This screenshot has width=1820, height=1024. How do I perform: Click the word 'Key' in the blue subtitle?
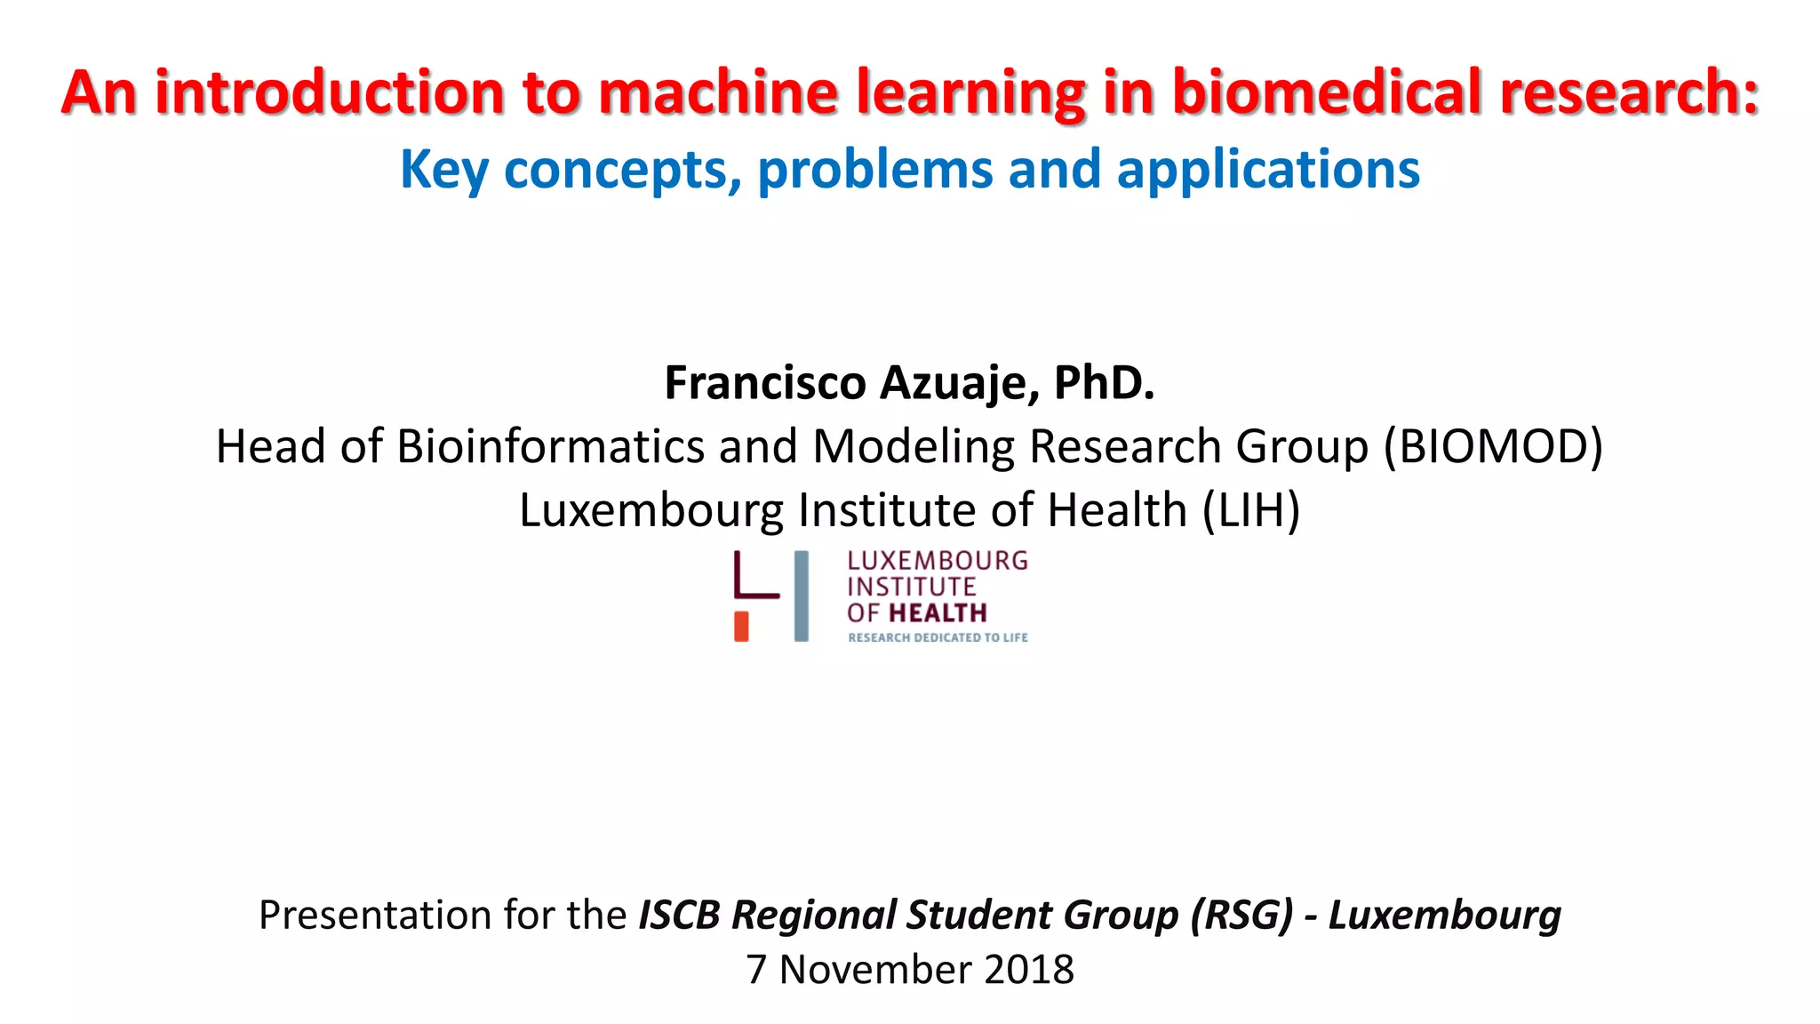click(x=443, y=170)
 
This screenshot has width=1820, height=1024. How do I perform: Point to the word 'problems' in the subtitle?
click(x=874, y=170)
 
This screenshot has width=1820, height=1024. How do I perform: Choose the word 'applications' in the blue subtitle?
click(x=1268, y=170)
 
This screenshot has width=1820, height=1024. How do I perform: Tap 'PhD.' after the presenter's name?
click(x=1104, y=383)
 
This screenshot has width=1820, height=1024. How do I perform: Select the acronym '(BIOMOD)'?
click(x=1493, y=446)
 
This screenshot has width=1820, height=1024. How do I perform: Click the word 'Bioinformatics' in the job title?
click(x=551, y=446)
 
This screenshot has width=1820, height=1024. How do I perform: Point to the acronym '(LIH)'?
click(x=1251, y=510)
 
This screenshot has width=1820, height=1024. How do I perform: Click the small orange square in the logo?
click(x=741, y=626)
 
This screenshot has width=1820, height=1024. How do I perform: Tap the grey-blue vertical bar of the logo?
click(x=802, y=596)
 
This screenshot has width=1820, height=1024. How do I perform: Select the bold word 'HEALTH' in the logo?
click(x=938, y=613)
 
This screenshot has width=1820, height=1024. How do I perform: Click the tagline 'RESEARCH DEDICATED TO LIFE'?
click(x=938, y=637)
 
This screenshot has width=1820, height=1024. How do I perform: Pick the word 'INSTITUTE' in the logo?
click(x=911, y=587)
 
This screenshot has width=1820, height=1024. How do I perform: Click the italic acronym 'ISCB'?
click(x=679, y=915)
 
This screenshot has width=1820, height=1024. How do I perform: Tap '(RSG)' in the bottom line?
click(x=1241, y=915)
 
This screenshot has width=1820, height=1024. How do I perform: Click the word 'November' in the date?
click(x=875, y=969)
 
